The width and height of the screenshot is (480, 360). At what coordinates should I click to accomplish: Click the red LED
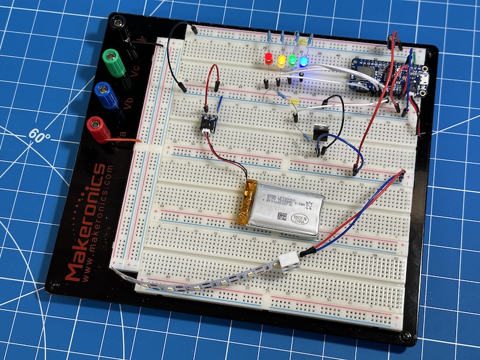tap(268, 59)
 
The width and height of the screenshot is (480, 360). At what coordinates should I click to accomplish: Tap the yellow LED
tap(280, 59)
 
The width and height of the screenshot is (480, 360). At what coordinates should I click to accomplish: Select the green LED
tap(292, 60)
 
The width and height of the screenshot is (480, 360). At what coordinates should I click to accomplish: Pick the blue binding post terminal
tap(104, 94)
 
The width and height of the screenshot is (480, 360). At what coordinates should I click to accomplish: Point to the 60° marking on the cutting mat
tap(40, 135)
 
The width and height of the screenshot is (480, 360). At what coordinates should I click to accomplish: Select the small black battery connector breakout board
tap(208, 122)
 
